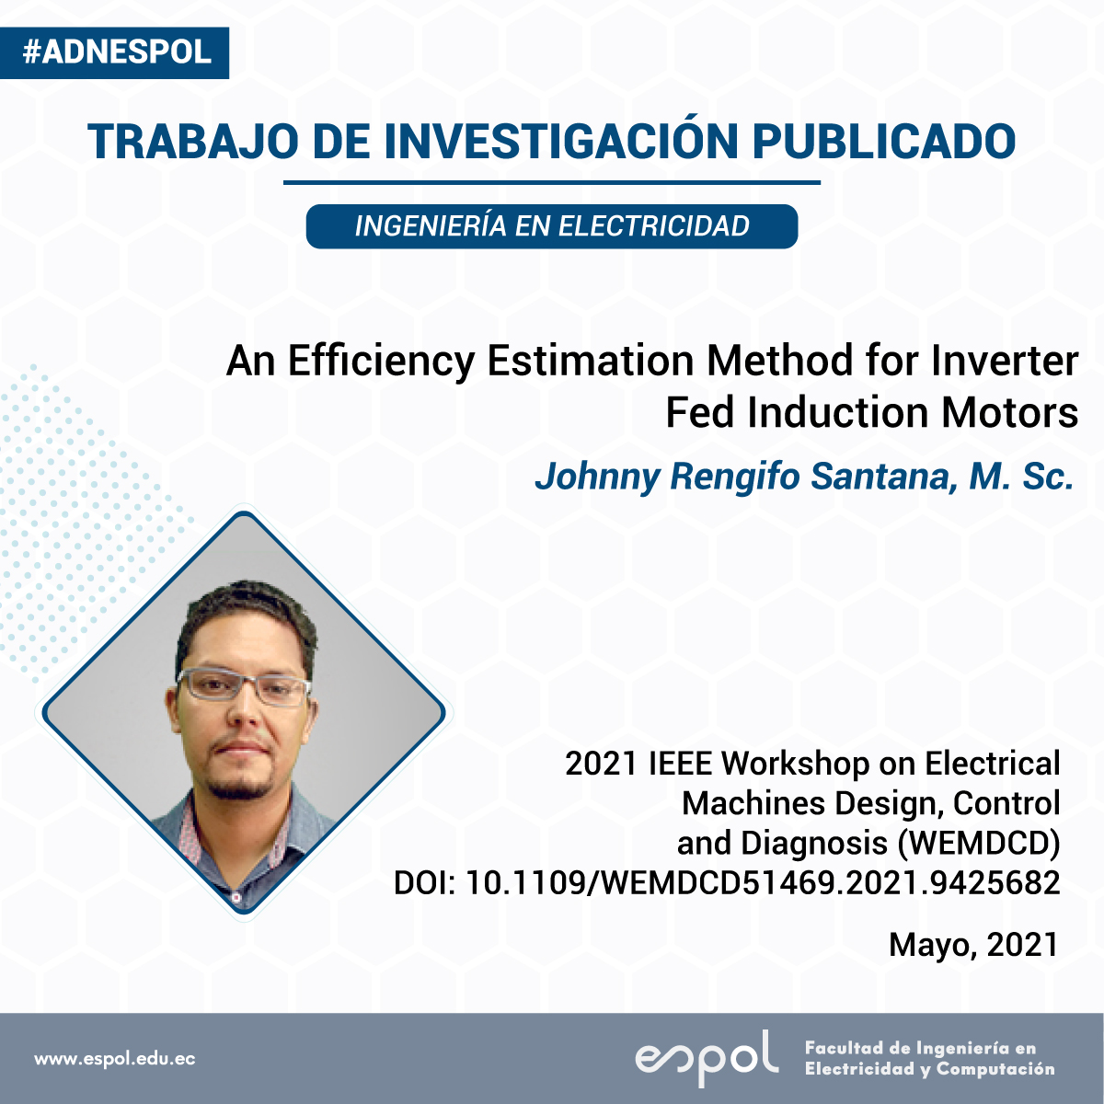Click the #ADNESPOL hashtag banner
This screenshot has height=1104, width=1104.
[115, 52]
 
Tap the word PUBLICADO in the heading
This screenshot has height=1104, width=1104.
[884, 141]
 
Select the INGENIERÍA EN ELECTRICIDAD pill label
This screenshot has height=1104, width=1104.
[552, 226]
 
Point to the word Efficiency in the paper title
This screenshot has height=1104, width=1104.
[381, 362]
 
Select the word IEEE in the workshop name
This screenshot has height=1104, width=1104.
[681, 764]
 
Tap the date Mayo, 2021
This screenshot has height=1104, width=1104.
[973, 944]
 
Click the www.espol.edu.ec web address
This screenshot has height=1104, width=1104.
[115, 1058]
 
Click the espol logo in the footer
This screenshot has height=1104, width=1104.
[707, 1058]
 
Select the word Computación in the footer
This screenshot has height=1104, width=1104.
[995, 1070]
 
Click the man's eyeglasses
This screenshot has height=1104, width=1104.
[244, 685]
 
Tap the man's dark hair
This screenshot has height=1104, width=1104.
[247, 620]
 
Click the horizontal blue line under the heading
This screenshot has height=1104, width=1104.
[552, 183]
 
